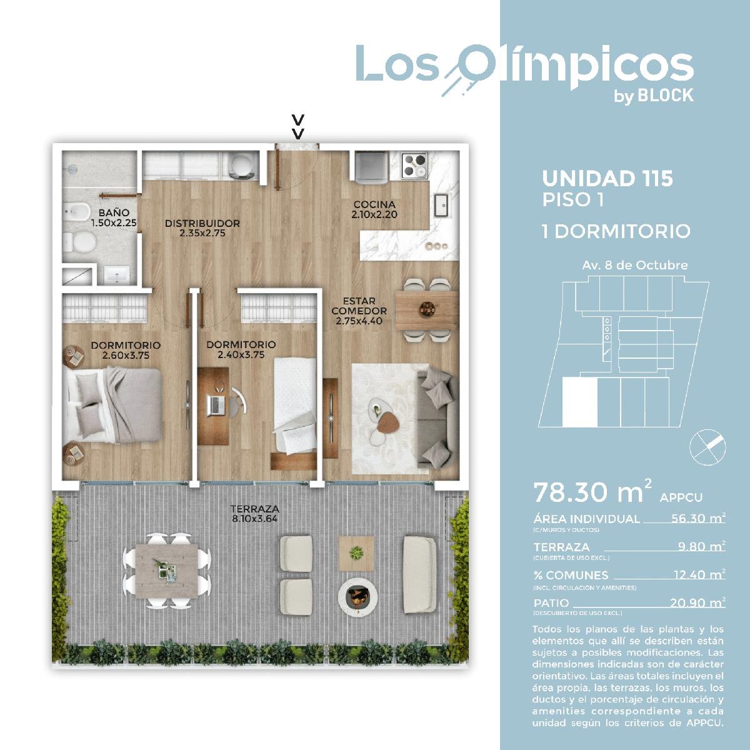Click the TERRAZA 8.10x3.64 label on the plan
click(x=255, y=513)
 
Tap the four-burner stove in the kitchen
click(x=414, y=166)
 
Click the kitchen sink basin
click(x=441, y=204)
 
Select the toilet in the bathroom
click(x=80, y=242)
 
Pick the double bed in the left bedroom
click(x=113, y=405)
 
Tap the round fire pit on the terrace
click(x=358, y=599)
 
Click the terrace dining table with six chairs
click(x=167, y=571)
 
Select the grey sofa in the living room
click(x=436, y=417)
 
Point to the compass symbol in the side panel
click(x=707, y=447)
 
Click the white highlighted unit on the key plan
click(x=579, y=402)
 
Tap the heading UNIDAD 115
click(x=607, y=179)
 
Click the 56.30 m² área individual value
click(x=698, y=518)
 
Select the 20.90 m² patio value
click(x=697, y=602)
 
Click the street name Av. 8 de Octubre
click(x=635, y=266)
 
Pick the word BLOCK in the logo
click(x=666, y=96)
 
